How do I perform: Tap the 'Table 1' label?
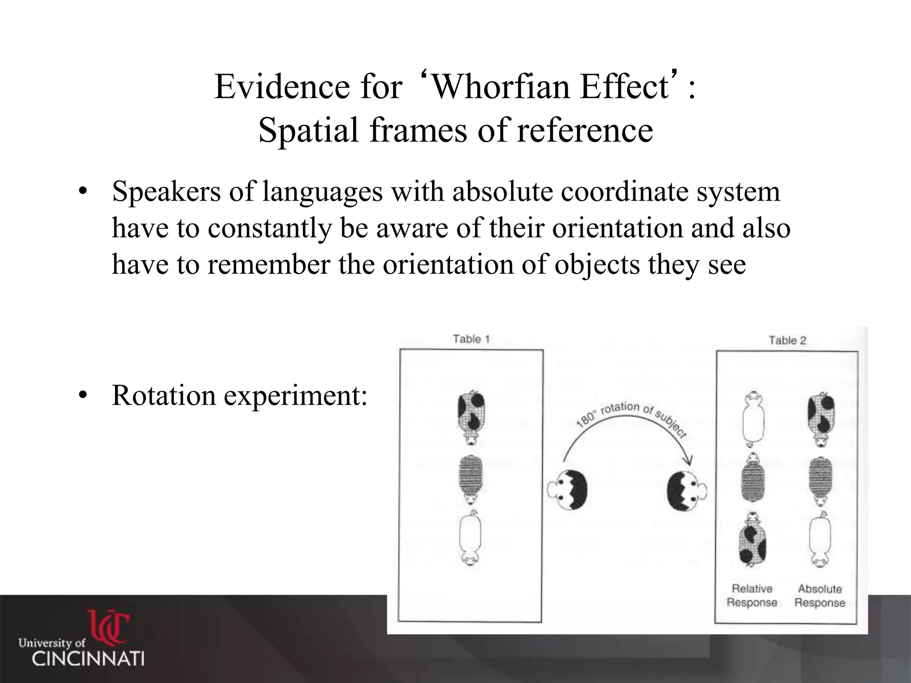coord(471,339)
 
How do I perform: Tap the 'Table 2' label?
coord(787,341)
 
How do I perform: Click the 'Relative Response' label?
coord(752,596)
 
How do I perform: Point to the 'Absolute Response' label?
coord(820,596)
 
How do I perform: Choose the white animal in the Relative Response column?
coord(752,418)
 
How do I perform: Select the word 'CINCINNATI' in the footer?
coord(88,659)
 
